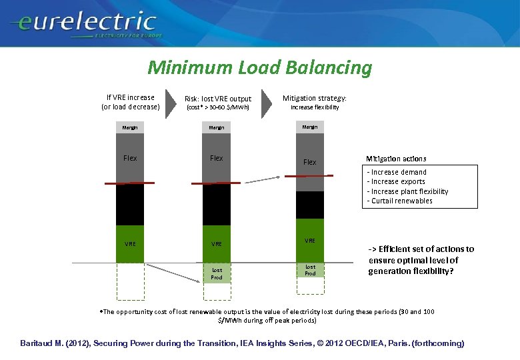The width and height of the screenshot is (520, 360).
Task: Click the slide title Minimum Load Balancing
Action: click(259, 67)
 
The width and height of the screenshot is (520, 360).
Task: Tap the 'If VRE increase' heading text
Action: click(130, 97)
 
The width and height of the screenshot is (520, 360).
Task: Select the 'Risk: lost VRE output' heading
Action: click(218, 99)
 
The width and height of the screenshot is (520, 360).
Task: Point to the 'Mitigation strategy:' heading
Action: click(315, 97)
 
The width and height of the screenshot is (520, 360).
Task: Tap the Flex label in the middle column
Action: click(217, 158)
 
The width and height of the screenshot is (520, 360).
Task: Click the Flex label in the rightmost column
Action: click(310, 162)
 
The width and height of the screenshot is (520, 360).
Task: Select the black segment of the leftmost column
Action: click(130, 205)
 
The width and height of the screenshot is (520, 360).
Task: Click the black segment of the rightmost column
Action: click(310, 205)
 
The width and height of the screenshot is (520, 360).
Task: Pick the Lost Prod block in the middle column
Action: click(217, 273)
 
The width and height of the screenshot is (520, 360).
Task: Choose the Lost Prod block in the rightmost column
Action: click(310, 270)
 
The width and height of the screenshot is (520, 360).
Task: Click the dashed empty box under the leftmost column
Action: click(130, 281)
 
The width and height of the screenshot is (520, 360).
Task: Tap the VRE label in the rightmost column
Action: click(310, 240)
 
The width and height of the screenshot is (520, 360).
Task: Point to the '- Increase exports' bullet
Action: click(397, 181)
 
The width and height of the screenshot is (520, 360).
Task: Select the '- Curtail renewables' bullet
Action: click(400, 201)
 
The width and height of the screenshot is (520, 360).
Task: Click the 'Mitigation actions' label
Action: click(396, 159)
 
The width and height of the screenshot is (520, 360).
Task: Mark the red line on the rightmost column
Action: click(310, 176)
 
